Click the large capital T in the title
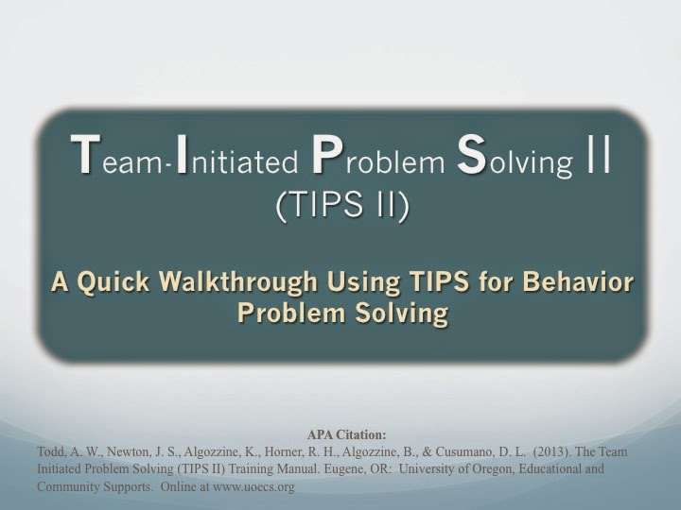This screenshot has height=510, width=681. click(85, 154)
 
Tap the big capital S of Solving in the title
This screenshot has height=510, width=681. click(471, 154)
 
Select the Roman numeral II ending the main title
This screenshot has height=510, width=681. click(599, 154)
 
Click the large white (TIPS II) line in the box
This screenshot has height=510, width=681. click(342, 205)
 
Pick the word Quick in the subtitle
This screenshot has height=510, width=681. click(113, 281)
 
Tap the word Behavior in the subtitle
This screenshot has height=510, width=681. click(578, 281)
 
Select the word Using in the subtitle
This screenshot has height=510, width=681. click(363, 282)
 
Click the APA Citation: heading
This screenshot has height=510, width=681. click(346, 434)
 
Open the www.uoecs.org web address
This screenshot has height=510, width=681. click(253, 487)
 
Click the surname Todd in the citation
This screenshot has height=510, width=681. click(48, 451)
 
